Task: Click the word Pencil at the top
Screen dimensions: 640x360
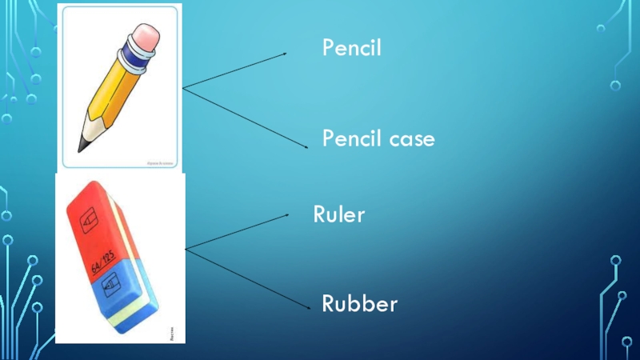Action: coord(352,49)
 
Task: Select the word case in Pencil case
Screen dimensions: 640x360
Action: coord(407,140)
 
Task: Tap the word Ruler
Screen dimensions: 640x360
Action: coord(338,214)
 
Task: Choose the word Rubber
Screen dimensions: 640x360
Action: coord(359,304)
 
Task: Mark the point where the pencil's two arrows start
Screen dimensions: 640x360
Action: coord(183,88)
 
